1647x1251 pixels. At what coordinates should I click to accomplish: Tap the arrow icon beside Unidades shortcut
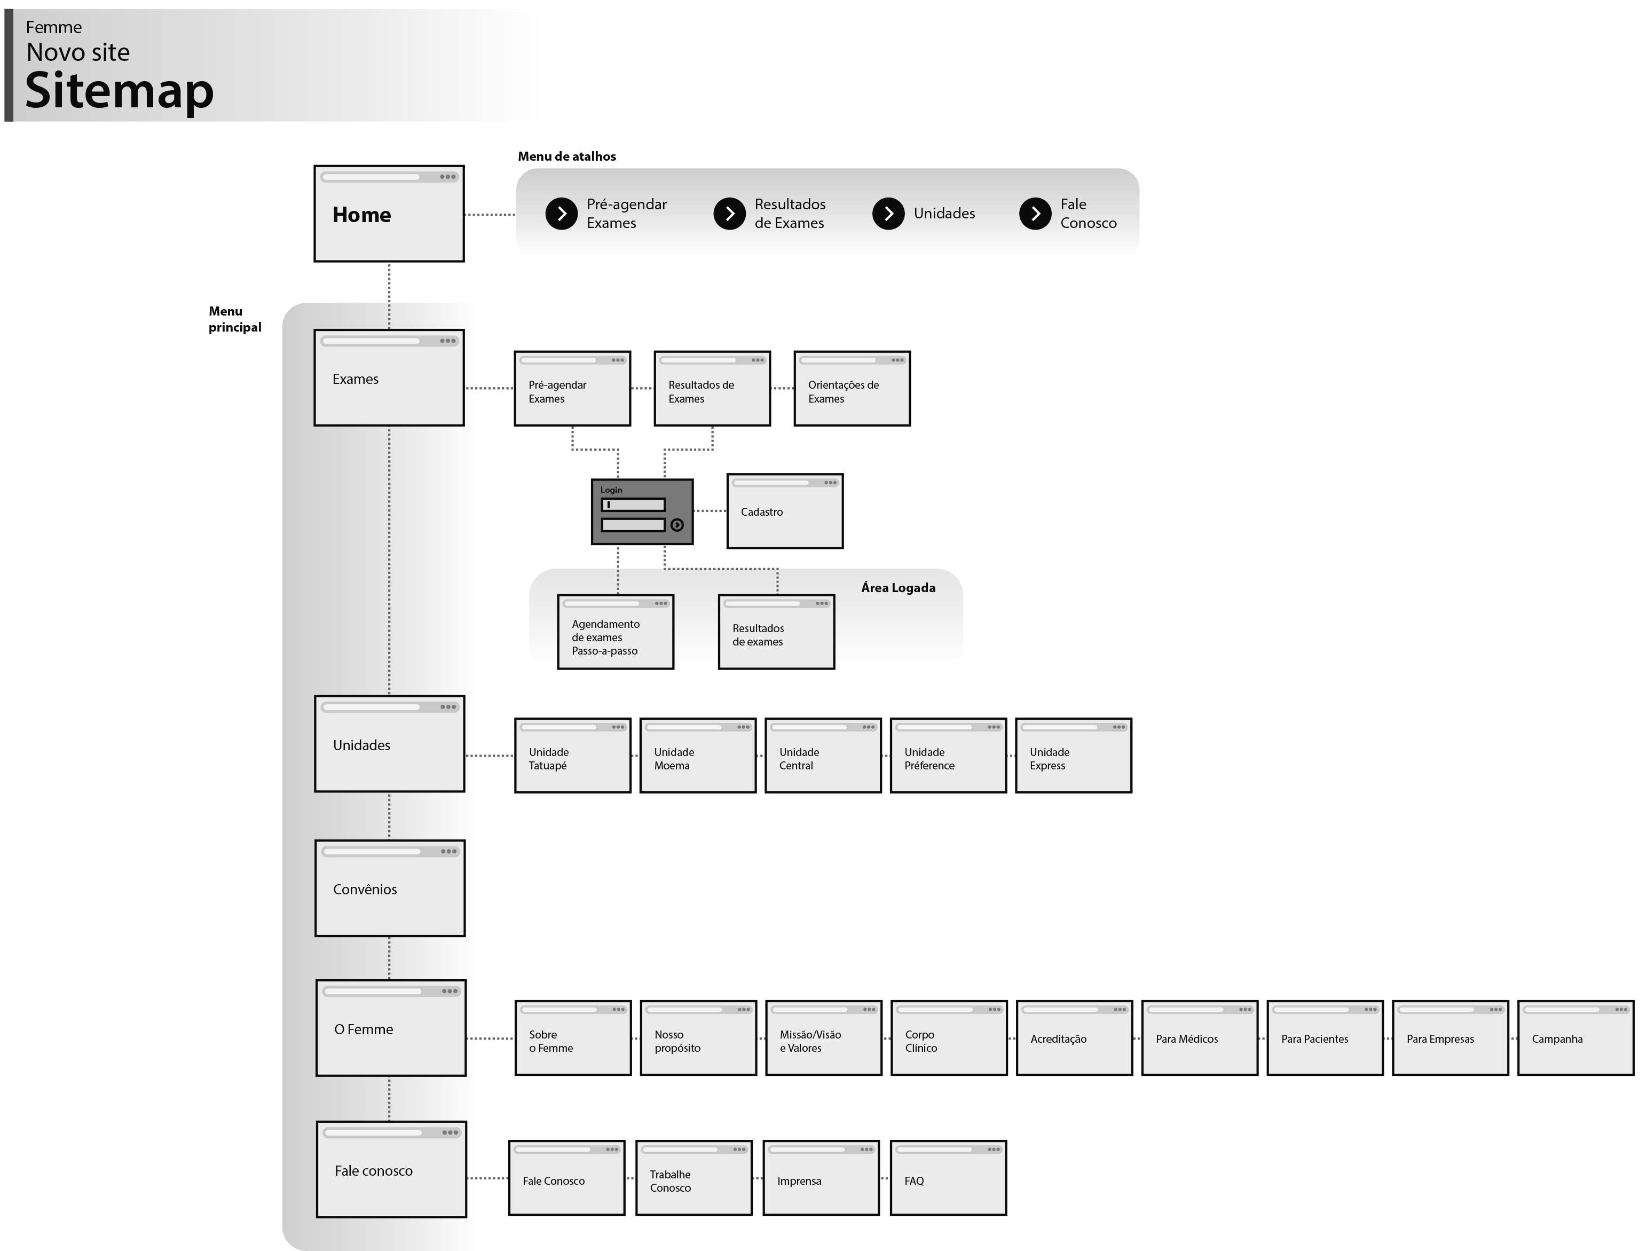coord(888,214)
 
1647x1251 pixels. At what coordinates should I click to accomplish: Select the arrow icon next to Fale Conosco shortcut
coord(1035,214)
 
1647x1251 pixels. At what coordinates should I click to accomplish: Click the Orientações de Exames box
coord(852,389)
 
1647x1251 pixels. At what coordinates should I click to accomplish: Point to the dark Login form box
coord(642,512)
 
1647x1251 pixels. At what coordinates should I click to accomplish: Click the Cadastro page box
coord(785,512)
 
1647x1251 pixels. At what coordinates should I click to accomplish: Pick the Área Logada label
coord(898,587)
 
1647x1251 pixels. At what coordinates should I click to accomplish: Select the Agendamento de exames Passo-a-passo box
coord(615,632)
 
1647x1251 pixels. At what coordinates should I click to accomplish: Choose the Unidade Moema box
coord(698,756)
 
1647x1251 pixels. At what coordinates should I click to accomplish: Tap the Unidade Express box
coord(1073,756)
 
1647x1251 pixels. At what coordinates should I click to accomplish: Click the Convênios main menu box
coord(389,888)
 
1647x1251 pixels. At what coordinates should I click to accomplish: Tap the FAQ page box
coord(948,1178)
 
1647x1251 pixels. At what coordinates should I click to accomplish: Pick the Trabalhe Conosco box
coord(693,1178)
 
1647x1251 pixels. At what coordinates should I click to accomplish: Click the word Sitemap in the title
coord(119,90)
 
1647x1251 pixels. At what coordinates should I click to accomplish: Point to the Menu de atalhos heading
coord(566,156)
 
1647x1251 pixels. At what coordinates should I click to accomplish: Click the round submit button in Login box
coord(677,525)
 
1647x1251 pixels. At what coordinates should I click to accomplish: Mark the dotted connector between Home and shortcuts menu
coord(489,215)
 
